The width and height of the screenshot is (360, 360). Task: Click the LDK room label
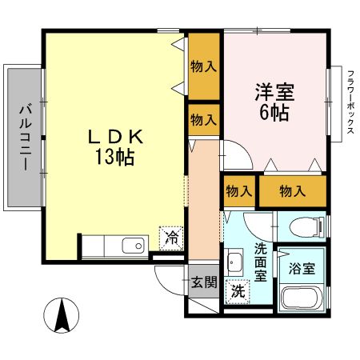tap(115, 137)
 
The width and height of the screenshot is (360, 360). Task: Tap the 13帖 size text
tap(115, 157)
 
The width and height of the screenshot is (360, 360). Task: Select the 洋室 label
tap(274, 91)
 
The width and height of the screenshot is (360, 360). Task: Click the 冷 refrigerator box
tap(170, 236)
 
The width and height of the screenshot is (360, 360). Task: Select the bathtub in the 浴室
tap(303, 299)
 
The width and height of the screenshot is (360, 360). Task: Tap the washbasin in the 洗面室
tap(235, 262)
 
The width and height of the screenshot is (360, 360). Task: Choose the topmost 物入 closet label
tap(203, 66)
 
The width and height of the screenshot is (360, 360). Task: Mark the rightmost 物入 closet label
tap(293, 191)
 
